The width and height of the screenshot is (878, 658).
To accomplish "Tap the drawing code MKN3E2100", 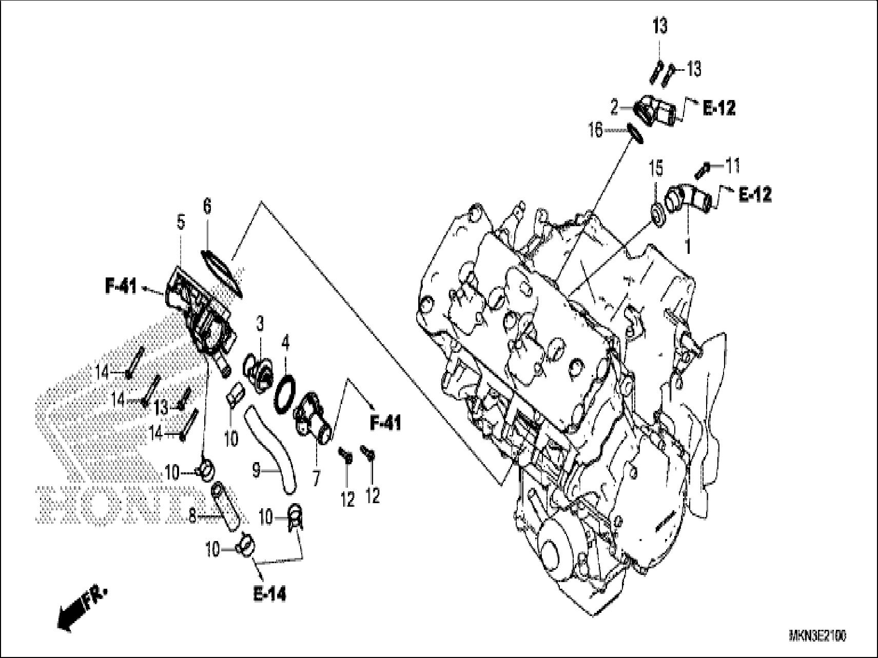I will click(817, 636).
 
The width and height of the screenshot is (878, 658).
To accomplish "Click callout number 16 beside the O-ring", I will click(596, 131).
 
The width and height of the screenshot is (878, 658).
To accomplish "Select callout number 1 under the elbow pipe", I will click(688, 247).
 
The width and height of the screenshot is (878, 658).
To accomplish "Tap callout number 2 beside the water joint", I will click(614, 108).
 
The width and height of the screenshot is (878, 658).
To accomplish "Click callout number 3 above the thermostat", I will click(260, 324).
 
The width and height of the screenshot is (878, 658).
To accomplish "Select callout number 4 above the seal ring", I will click(286, 341).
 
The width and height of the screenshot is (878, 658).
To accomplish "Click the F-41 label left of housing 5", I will click(121, 287).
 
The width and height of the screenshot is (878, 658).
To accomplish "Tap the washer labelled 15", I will click(657, 213).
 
